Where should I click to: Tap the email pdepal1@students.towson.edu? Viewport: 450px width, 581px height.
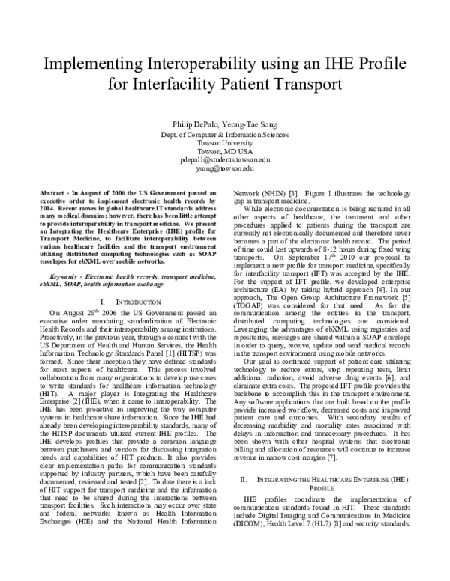coord(225,160)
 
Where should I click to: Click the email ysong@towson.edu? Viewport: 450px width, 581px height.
coord(225,169)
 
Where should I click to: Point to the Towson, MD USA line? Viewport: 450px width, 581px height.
coord(225,151)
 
